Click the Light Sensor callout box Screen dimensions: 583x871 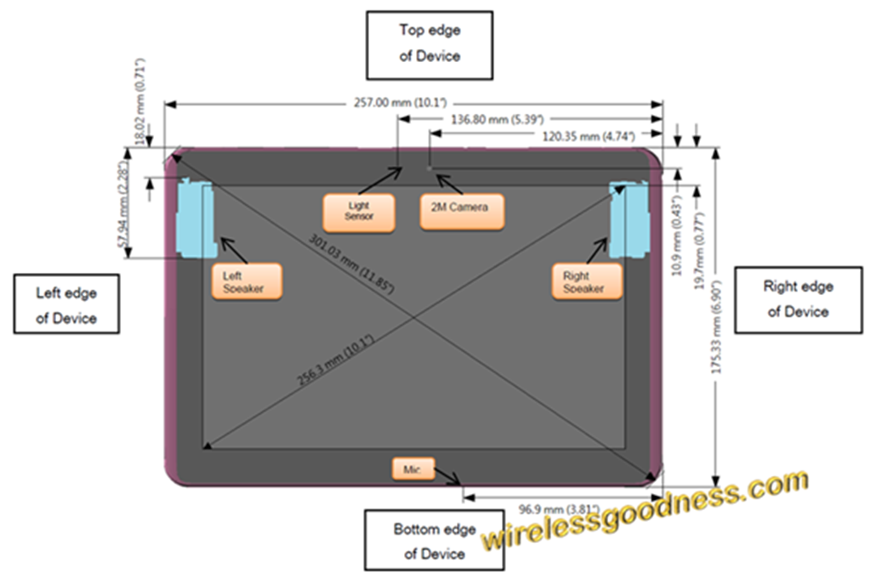pos(359,212)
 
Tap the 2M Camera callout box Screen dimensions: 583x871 pos(462,211)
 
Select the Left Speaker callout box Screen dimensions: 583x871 pos(246,281)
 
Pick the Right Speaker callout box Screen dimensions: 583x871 pos(587,281)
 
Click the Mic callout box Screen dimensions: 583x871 pos(413,467)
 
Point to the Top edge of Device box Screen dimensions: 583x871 pos(430,44)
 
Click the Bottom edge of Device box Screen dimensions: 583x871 pos(434,541)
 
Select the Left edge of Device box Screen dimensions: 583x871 pos(66,305)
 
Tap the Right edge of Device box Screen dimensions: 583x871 pos(798,299)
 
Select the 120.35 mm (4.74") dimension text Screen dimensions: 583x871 pos(578,136)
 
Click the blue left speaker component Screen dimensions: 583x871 pos(195,219)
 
